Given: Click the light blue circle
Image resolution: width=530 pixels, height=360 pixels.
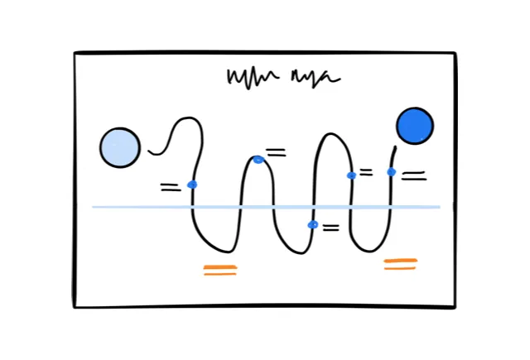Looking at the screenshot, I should coord(120,147).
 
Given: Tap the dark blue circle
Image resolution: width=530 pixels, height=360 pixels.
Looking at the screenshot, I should coord(414,126).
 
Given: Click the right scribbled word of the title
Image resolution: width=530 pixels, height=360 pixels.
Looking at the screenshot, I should coord(314,79).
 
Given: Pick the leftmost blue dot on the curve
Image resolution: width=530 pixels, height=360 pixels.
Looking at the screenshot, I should coord(192,185).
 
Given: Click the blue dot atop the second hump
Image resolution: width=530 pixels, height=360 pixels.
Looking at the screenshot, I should coord(258,159).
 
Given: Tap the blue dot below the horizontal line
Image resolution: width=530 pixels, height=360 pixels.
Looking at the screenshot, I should coord(312,224).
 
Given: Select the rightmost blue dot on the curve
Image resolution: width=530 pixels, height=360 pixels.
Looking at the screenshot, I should coord(391,172).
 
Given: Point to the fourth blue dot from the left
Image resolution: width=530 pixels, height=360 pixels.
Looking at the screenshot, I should coord(351,175).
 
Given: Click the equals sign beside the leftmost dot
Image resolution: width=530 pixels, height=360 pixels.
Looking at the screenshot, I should coord(170,188).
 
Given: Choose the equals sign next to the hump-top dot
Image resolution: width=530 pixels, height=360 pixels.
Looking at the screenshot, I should coord(276,152).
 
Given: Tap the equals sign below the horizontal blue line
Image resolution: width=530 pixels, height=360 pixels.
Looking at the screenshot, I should coord(330,228).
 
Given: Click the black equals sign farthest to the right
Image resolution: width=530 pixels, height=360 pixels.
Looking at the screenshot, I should coord(413,175).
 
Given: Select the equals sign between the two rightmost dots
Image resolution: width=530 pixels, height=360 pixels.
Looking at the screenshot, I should coord(366,172).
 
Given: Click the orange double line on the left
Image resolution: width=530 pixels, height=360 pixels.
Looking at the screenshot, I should coord(220,269).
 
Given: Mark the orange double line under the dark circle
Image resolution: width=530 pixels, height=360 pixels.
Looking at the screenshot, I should coord(400,264).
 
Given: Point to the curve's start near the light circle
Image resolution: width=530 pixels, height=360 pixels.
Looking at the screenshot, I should coord(150,151).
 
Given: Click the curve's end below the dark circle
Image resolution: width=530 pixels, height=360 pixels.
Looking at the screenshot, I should coord(394,148).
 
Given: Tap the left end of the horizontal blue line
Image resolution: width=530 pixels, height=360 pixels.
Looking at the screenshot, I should coord(94,207).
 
